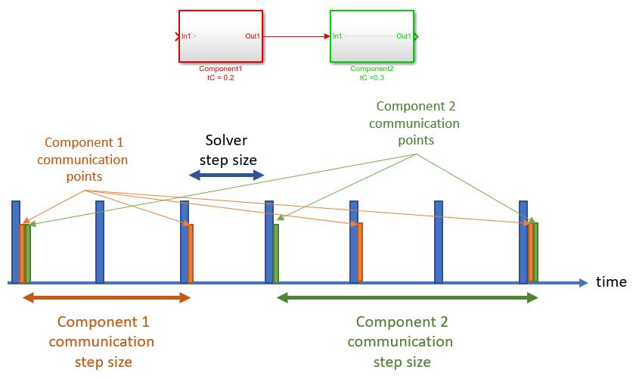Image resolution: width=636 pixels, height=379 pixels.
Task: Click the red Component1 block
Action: tap(220, 45)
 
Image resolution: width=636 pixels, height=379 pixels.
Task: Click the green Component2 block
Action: tap(371, 45)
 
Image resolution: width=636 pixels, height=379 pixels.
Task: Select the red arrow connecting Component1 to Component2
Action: tap(296, 36)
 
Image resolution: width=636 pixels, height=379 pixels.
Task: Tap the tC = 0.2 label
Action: tap(221, 77)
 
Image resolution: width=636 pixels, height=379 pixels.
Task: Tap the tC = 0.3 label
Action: tap(371, 77)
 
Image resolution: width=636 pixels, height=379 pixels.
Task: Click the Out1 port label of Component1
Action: tap(253, 36)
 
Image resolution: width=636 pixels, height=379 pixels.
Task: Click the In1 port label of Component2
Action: tap(338, 36)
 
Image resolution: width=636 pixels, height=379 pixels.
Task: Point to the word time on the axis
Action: tap(611, 282)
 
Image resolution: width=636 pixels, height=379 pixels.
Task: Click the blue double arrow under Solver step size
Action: tap(226, 176)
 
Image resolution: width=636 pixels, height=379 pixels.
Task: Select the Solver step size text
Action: tap(227, 150)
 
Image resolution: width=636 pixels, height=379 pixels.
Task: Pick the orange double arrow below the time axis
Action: tap(106, 298)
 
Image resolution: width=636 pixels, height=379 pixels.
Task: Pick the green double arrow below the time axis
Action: tap(408, 298)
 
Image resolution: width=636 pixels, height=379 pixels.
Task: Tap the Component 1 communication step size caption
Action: tap(104, 341)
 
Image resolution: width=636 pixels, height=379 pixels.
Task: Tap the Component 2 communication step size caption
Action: tap(402, 341)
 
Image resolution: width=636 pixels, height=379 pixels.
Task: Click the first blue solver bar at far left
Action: tap(16, 241)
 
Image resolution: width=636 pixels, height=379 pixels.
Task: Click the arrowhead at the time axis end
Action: tap(583, 283)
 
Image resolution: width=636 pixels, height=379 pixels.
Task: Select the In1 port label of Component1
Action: tap(187, 36)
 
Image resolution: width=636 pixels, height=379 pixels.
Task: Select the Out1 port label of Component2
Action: tap(404, 36)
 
